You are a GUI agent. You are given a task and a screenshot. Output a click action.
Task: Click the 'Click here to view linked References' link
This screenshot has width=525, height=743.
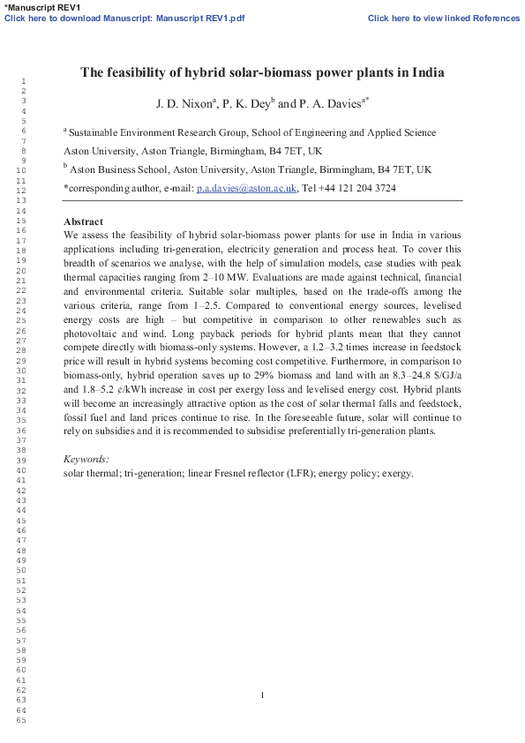[443, 18]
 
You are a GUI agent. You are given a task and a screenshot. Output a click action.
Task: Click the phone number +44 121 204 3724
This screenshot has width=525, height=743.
[356, 188]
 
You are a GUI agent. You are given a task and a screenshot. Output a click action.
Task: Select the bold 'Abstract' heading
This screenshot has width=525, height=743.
[84, 221]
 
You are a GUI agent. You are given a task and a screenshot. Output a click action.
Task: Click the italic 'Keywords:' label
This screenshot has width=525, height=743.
[86, 460]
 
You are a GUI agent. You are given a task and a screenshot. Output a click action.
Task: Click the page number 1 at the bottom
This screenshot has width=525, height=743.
[263, 695]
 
